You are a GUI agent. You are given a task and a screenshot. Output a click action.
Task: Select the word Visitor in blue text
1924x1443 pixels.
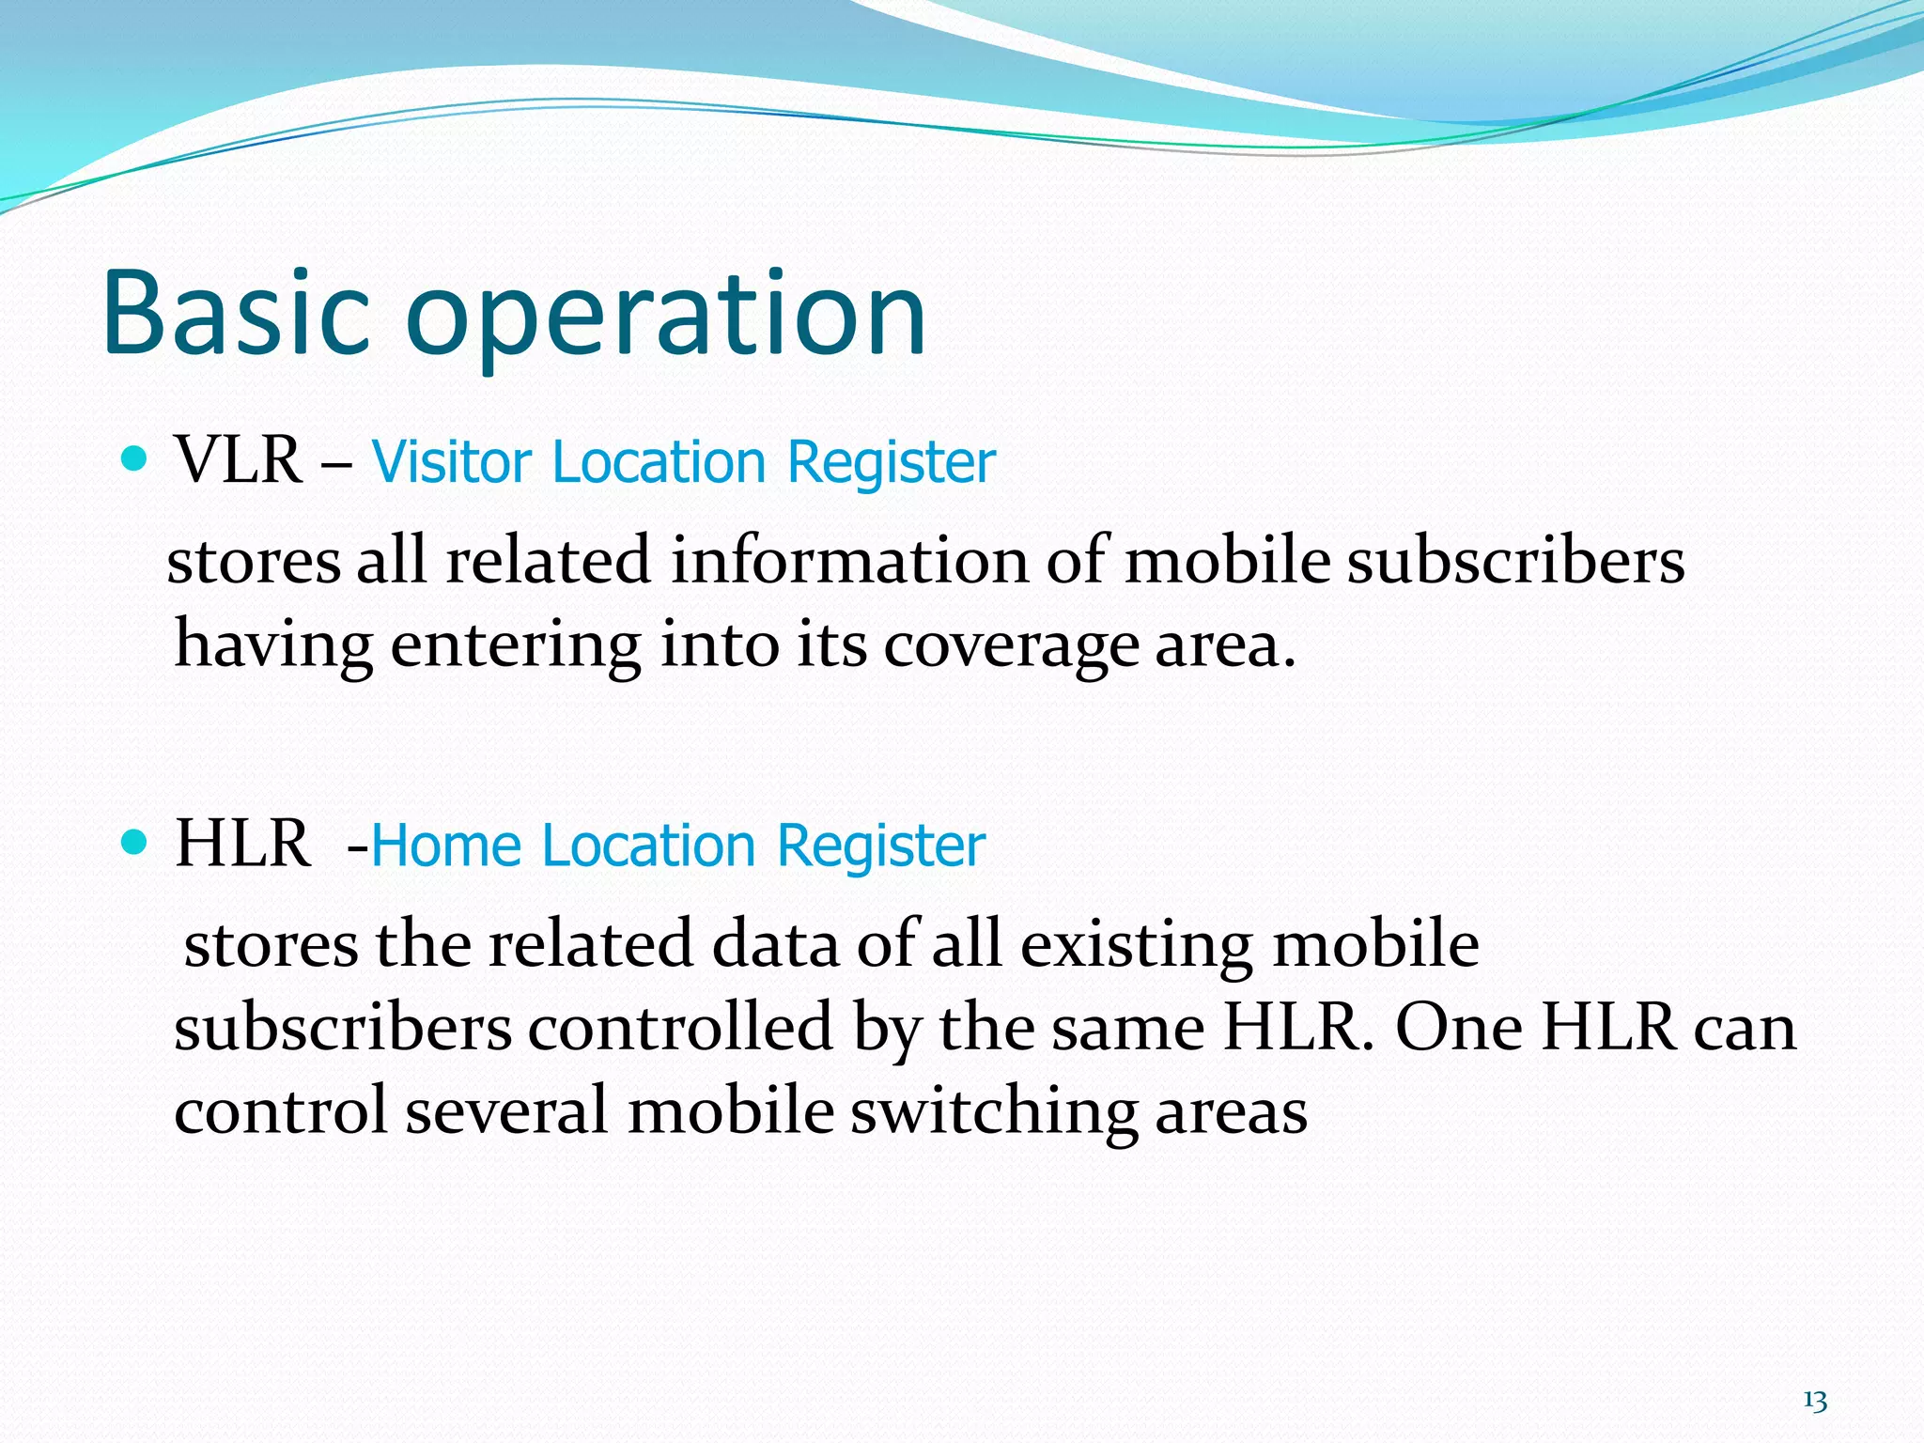coord(451,462)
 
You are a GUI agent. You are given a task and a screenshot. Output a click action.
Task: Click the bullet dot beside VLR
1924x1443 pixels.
coord(135,459)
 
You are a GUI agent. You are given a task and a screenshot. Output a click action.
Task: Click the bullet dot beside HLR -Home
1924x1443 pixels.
coord(135,842)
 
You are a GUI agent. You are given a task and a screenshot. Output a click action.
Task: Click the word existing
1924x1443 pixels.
coord(1137,945)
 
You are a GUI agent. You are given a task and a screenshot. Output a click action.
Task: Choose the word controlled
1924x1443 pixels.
coord(680,1028)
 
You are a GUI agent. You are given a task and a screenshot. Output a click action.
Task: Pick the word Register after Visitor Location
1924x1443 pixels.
coord(891,462)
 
